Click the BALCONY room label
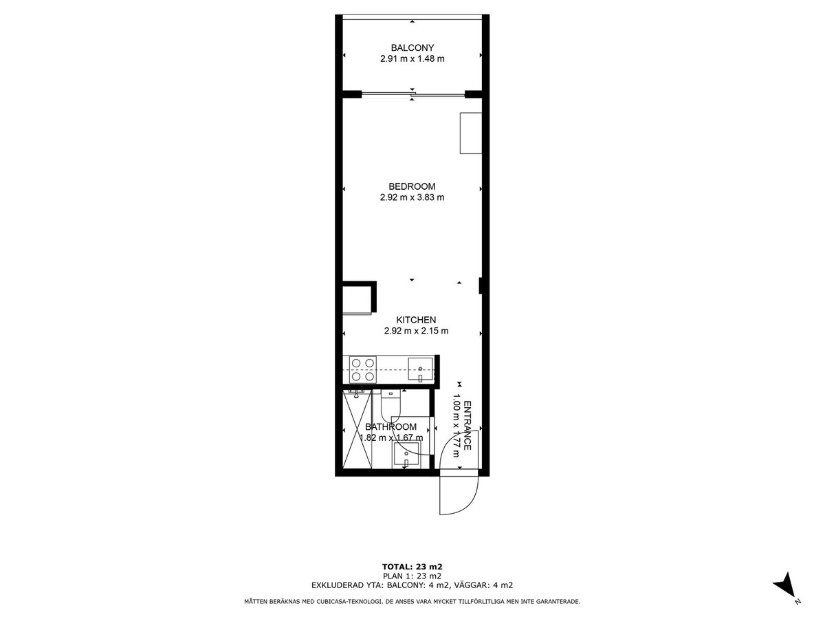tap(412, 47)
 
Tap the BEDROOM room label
tap(412, 186)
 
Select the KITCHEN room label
tap(416, 320)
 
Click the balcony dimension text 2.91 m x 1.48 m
tap(412, 58)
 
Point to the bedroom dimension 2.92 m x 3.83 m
tap(412, 197)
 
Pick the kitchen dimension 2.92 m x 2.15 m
tap(416, 331)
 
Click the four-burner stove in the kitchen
tap(363, 369)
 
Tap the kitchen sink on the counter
tap(420, 370)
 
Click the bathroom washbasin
tap(405, 455)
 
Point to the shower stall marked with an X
tap(357, 428)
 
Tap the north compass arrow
tap(784, 594)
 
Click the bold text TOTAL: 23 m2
tap(412, 567)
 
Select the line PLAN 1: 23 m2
tap(412, 576)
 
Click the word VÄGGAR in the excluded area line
tap(470, 585)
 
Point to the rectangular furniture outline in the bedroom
tap(471, 133)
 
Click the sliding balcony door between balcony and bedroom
tap(413, 94)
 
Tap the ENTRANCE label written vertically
tap(467, 426)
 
